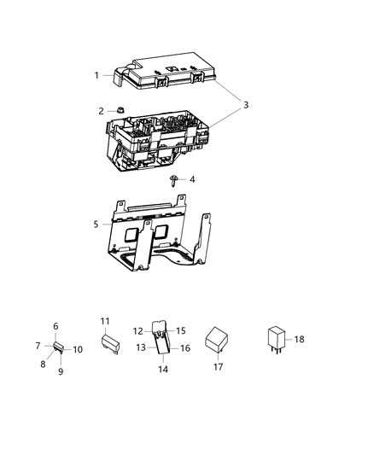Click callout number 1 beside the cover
click(x=96, y=75)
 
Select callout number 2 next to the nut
click(x=101, y=111)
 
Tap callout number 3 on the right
click(x=245, y=105)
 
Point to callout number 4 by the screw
click(x=192, y=179)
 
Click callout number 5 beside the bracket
click(x=96, y=225)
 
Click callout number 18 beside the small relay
click(x=300, y=340)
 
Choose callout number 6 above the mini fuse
click(x=56, y=326)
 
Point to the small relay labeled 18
click(x=278, y=337)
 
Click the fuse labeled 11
click(x=108, y=347)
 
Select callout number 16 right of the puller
click(x=185, y=348)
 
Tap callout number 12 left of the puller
click(x=137, y=330)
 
